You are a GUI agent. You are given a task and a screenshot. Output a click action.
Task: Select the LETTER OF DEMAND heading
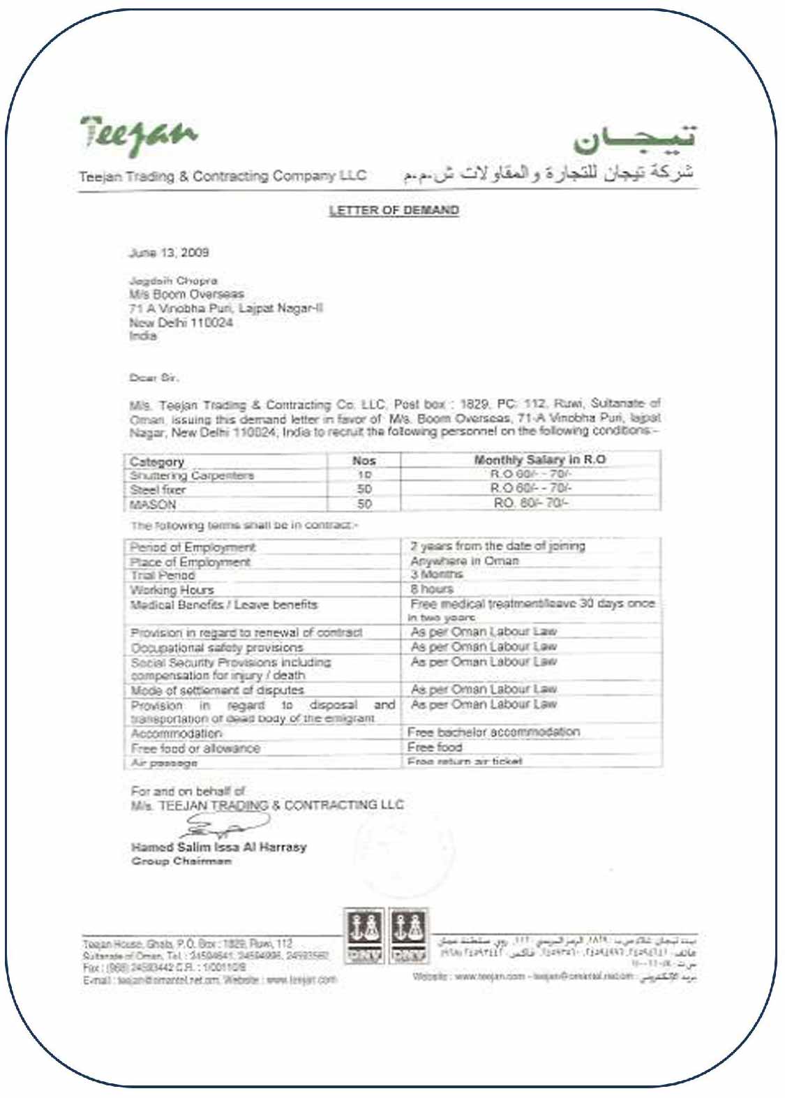tap(394, 210)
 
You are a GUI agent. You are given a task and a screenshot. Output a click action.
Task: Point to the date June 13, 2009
tap(169, 252)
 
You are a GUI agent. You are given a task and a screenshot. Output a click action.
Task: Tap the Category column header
tap(157, 461)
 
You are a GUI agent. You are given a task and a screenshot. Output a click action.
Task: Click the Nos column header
tap(364, 461)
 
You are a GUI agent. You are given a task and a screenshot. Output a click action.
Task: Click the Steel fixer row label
tap(158, 489)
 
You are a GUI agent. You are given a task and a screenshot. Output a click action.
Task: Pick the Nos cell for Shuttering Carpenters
tap(364, 475)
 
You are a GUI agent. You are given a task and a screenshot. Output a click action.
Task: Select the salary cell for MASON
tap(531, 503)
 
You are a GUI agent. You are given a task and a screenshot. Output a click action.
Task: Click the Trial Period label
tap(163, 575)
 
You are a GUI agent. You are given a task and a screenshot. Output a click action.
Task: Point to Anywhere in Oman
tap(464, 561)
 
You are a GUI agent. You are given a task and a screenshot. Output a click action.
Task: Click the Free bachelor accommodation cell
tap(493, 732)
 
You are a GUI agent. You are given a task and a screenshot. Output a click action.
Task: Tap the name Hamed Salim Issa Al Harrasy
tap(218, 847)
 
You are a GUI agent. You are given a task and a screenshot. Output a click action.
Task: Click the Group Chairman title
tap(181, 861)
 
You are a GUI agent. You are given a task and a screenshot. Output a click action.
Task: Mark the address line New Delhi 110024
tap(181, 322)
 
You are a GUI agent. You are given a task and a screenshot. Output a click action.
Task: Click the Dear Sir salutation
tap(154, 378)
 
